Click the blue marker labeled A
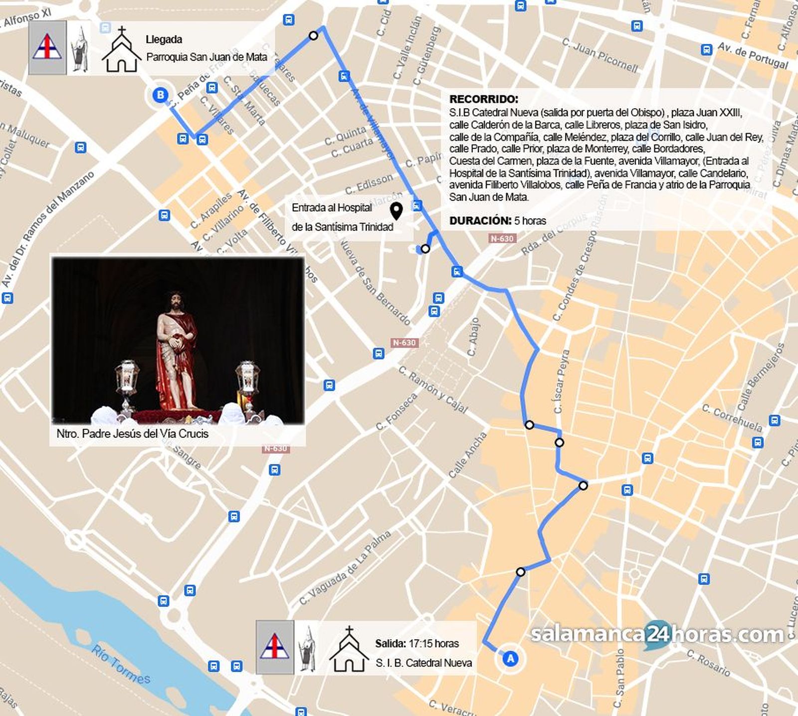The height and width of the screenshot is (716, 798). (x=510, y=658)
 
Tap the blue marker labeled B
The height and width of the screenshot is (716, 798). (x=160, y=95)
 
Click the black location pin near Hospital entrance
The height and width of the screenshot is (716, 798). (x=397, y=211)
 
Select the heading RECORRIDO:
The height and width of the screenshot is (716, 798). (x=483, y=99)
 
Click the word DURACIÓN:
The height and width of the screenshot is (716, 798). (x=480, y=221)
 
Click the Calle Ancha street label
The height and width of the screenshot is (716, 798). (x=467, y=455)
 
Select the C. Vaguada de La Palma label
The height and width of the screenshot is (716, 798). (x=346, y=568)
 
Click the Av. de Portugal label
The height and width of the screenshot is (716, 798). (x=753, y=56)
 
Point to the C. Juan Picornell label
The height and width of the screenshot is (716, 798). (x=600, y=55)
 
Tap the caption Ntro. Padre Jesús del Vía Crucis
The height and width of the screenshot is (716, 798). (x=132, y=433)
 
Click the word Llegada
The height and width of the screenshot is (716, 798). (x=164, y=39)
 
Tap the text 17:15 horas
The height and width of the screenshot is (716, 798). (x=433, y=643)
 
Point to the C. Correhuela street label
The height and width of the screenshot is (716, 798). (x=732, y=419)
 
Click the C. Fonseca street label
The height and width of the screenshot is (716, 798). (x=397, y=412)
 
